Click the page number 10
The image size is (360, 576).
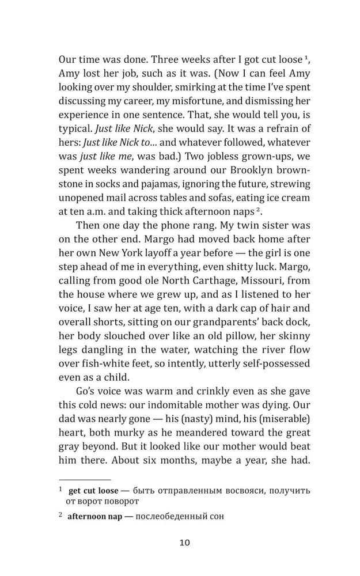(184, 542)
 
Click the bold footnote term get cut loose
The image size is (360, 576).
(92, 491)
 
